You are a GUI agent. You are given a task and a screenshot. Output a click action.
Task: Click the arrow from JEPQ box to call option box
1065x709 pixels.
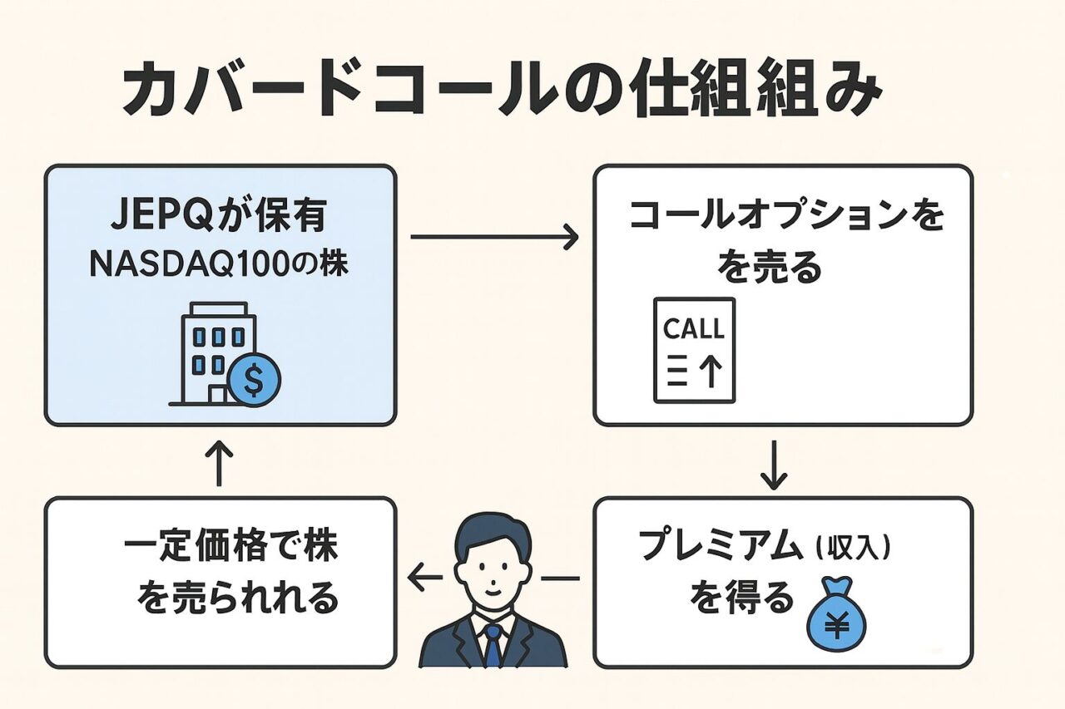tap(494, 238)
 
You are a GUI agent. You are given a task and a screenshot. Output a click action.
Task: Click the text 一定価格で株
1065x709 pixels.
tap(231, 549)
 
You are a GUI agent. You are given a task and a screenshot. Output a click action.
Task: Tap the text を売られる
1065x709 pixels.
tap(236, 598)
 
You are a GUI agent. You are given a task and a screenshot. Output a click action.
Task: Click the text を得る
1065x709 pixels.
tap(741, 598)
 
